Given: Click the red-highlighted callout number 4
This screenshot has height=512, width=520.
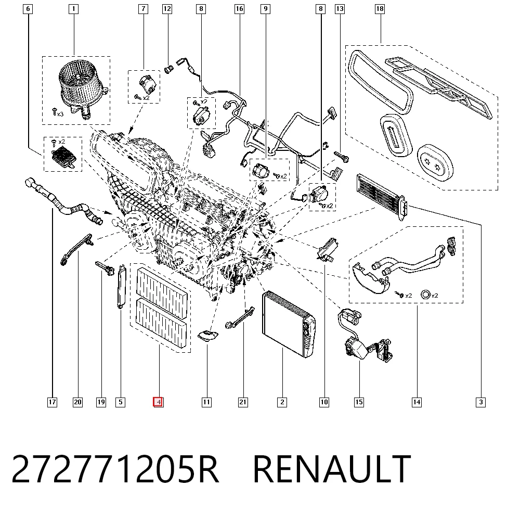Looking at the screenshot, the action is pos(158,402).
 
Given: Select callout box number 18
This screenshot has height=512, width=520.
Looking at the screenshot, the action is pos(380,9).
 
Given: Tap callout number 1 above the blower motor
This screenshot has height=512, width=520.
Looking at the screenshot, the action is pos(73,9).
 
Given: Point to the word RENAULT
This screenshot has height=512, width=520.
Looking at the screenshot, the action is pos(332,469).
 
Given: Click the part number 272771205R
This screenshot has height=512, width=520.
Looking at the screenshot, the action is pos(115,469).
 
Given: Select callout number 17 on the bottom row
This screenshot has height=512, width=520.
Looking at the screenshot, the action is pos(52,402).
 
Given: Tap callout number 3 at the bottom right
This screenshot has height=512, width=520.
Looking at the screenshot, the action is pos(480,402).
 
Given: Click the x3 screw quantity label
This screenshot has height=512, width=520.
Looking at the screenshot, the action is pos(60,114).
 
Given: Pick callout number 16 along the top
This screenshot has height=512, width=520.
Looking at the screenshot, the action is pos(239,9).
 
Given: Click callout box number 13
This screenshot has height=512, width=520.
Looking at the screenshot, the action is pos(340,9).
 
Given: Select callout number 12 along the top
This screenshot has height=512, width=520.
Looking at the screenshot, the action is pos(167,9).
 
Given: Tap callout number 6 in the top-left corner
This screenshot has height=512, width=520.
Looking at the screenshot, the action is pos(28,9).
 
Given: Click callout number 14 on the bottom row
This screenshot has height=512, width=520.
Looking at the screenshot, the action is pos(417,402).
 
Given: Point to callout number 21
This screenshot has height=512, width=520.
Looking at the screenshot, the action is pos(243,402).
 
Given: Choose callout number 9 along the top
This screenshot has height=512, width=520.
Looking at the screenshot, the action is pos(265,9).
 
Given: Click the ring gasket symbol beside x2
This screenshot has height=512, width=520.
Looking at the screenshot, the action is pos(425,295).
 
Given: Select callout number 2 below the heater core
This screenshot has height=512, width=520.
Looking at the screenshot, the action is pos(282,402).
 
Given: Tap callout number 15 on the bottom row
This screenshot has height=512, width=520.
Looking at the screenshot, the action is pos(359,402).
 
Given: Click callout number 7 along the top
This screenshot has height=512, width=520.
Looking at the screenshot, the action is pos(143,9).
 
